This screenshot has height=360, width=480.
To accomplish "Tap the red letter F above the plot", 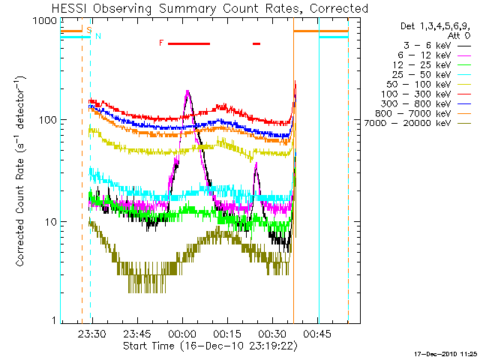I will pyautogui.click(x=160, y=43).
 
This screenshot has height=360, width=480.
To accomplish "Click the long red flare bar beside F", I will pyautogui.click(x=188, y=43).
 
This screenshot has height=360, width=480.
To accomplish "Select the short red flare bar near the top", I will pyautogui.click(x=256, y=43).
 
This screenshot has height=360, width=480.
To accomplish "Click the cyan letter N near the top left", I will pyautogui.click(x=97, y=36).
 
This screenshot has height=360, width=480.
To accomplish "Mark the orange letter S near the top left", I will pyautogui.click(x=89, y=31).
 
